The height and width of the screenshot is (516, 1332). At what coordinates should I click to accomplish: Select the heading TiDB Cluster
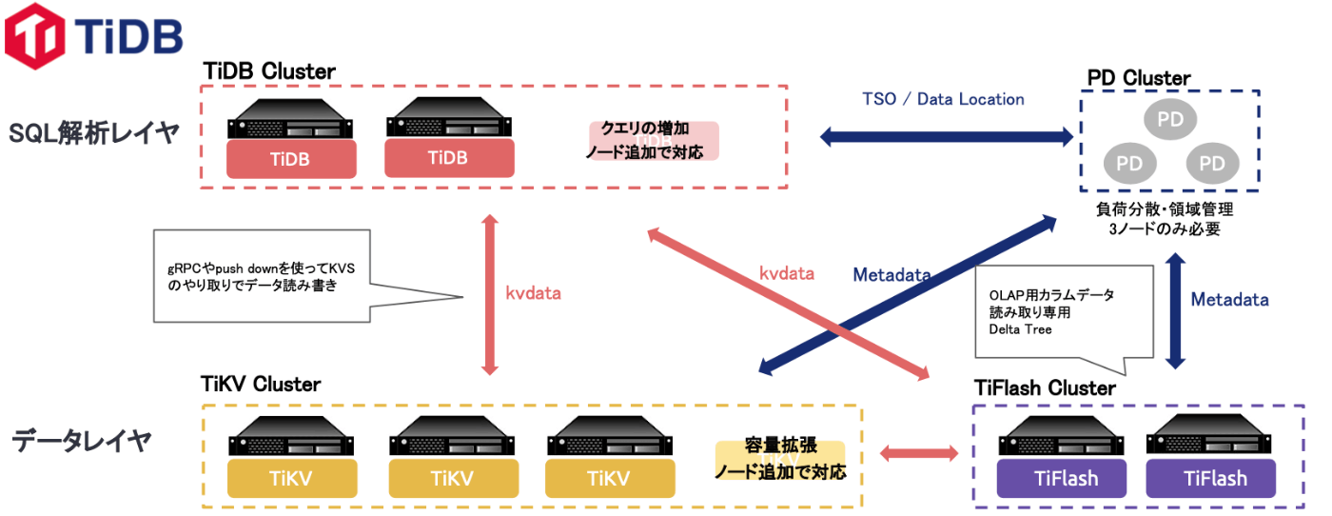pyautogui.click(x=269, y=71)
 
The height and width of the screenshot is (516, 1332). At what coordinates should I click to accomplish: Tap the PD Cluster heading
pyautogui.click(x=1139, y=77)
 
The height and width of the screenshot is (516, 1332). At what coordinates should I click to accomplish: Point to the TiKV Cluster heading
pyautogui.click(x=262, y=385)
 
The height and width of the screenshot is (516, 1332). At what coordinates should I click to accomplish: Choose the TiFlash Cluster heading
pyautogui.click(x=1045, y=388)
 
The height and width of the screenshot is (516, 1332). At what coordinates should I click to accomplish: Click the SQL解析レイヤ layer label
pyautogui.click(x=93, y=133)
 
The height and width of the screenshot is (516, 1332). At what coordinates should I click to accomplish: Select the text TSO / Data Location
pyautogui.click(x=943, y=99)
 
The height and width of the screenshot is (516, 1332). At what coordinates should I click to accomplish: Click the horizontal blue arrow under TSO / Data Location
pyautogui.click(x=947, y=137)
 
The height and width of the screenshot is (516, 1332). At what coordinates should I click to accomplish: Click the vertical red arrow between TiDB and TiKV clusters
pyautogui.click(x=490, y=294)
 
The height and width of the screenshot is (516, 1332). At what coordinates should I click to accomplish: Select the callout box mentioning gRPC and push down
pyautogui.click(x=262, y=276)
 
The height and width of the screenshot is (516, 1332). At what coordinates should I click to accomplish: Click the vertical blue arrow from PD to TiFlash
pyautogui.click(x=1176, y=310)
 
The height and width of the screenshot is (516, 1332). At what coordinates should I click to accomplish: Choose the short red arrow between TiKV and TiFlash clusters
pyautogui.click(x=918, y=453)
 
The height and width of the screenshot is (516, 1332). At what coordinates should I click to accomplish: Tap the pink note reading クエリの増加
pyautogui.click(x=653, y=140)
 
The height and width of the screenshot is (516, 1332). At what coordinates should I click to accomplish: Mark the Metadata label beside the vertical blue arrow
pyautogui.click(x=1230, y=299)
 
